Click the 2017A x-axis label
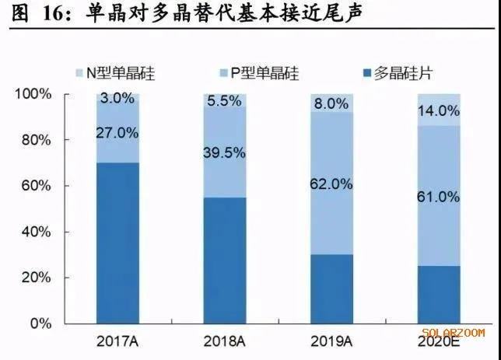[118, 342]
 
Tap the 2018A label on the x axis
[224, 342]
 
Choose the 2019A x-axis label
[331, 342]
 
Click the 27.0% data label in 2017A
[118, 133]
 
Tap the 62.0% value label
[331, 184]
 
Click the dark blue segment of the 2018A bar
[225, 260]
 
